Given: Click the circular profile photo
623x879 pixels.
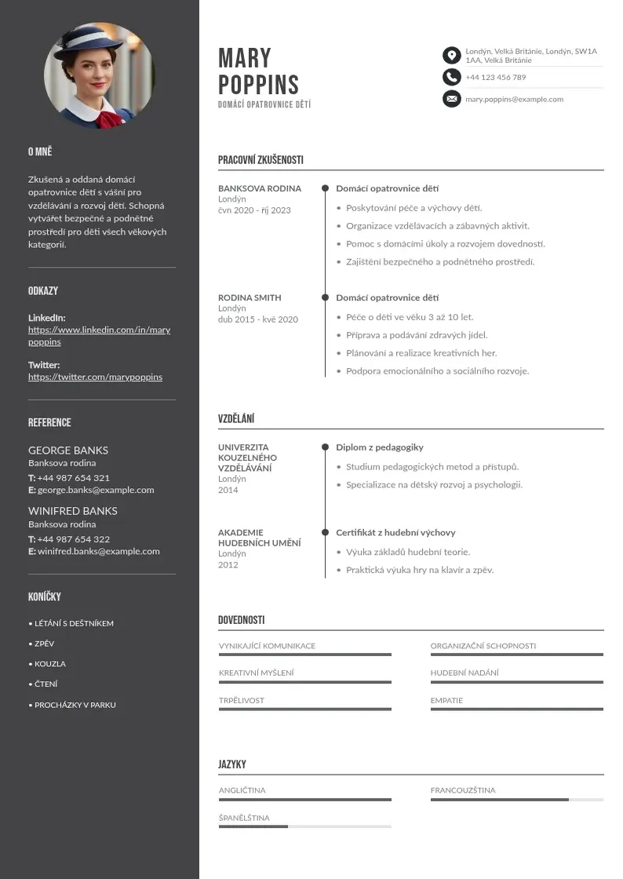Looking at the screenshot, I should pyautogui.click(x=100, y=76).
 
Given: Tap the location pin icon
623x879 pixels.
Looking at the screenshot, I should pyautogui.click(x=451, y=55).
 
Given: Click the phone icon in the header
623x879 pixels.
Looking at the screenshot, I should pyautogui.click(x=451, y=77).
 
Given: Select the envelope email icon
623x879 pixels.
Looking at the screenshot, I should pyautogui.click(x=451, y=99).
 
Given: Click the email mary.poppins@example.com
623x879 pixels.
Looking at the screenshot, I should pyautogui.click(x=514, y=100).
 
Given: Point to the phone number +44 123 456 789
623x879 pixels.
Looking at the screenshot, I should pyautogui.click(x=495, y=78).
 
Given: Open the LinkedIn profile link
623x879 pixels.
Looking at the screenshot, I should pyautogui.click(x=99, y=336).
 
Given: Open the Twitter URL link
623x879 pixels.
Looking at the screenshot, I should pyautogui.click(x=95, y=377).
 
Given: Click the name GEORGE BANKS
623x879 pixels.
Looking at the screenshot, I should pyautogui.click(x=68, y=450).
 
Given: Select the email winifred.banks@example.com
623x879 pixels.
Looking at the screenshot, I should pyautogui.click(x=98, y=551).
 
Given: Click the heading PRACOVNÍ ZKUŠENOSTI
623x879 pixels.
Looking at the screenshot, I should pyautogui.click(x=260, y=160).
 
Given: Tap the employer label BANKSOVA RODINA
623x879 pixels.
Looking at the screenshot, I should pyautogui.click(x=260, y=188).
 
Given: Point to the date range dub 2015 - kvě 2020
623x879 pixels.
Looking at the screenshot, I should pyautogui.click(x=258, y=319).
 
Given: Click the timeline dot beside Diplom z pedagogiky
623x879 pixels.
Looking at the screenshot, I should pyautogui.click(x=325, y=447).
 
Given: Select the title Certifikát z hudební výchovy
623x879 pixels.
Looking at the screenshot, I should pyautogui.click(x=395, y=533).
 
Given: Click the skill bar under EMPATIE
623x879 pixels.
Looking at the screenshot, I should pyautogui.click(x=516, y=709).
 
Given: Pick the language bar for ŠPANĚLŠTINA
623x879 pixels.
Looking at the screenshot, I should pyautogui.click(x=304, y=826).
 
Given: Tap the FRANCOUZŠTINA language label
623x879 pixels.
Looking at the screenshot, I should pyautogui.click(x=463, y=790).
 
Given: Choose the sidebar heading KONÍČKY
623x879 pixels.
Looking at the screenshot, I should pyautogui.click(x=45, y=596).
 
